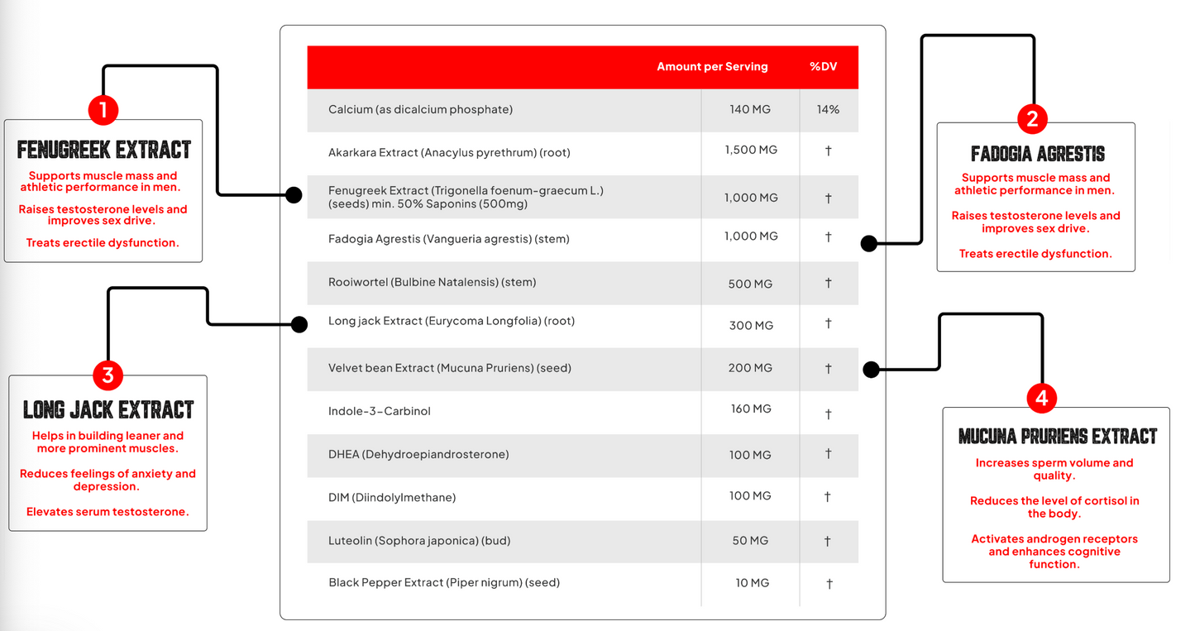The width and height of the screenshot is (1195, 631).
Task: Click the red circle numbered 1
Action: point(103,110)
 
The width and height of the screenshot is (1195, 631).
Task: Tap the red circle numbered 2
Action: point(1031,119)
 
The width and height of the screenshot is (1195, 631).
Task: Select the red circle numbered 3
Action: point(108,376)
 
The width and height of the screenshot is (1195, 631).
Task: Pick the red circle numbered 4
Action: point(1041,399)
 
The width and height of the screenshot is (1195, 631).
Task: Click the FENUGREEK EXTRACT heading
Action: point(104,150)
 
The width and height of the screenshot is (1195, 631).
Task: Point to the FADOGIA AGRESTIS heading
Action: point(1037,154)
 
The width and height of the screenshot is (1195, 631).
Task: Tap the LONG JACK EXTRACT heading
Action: point(108,410)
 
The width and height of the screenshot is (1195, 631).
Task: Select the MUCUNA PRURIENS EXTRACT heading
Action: point(1057,436)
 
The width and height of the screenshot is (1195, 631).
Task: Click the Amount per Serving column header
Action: point(712,67)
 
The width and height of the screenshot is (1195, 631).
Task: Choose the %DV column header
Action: point(823,67)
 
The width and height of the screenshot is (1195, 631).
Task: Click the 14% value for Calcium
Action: point(828,109)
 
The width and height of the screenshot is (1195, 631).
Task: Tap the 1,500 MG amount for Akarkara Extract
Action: point(751,150)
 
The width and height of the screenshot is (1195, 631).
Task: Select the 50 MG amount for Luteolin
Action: point(750,540)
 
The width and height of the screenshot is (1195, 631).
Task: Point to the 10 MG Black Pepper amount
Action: point(752,583)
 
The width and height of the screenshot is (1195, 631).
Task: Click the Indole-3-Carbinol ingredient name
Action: point(379,411)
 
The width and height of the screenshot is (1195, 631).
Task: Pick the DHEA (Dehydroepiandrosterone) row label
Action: point(418,454)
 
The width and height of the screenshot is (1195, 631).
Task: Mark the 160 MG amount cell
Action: point(751,409)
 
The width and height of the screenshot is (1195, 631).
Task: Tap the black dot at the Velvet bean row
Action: point(869,369)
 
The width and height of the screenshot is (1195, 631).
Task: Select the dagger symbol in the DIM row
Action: point(827,497)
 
